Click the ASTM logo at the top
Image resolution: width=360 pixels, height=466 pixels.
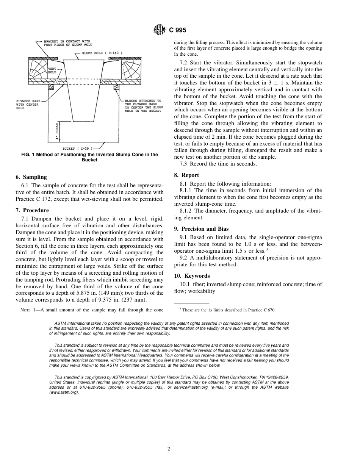click(158, 30)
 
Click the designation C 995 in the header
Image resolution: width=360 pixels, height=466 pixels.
click(177, 30)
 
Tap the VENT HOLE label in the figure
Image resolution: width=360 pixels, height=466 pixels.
click(52, 70)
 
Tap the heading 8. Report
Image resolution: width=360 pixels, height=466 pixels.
click(186, 175)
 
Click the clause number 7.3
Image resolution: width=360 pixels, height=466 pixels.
click(184, 164)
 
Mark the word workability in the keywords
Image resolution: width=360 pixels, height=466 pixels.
click(200, 291)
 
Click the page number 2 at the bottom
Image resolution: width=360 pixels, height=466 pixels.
click(169, 449)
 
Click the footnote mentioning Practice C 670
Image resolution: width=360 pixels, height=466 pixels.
click(228, 310)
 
